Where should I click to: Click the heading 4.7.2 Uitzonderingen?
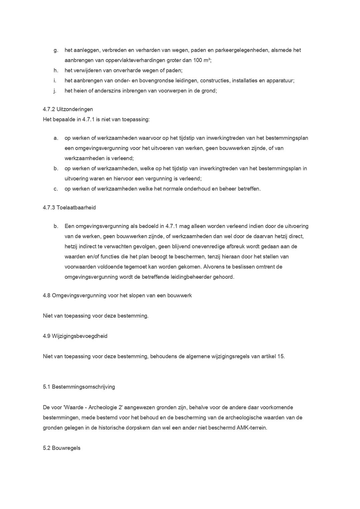(x=68, y=109)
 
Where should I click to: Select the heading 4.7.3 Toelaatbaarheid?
(x=69, y=208)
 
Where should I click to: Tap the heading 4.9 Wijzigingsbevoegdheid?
(x=75, y=336)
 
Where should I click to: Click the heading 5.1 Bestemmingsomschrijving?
(x=79, y=387)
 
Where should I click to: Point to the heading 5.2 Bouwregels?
(x=62, y=448)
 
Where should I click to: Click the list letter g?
(x=56, y=50)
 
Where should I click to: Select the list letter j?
(x=55, y=91)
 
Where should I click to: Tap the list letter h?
(x=56, y=71)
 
